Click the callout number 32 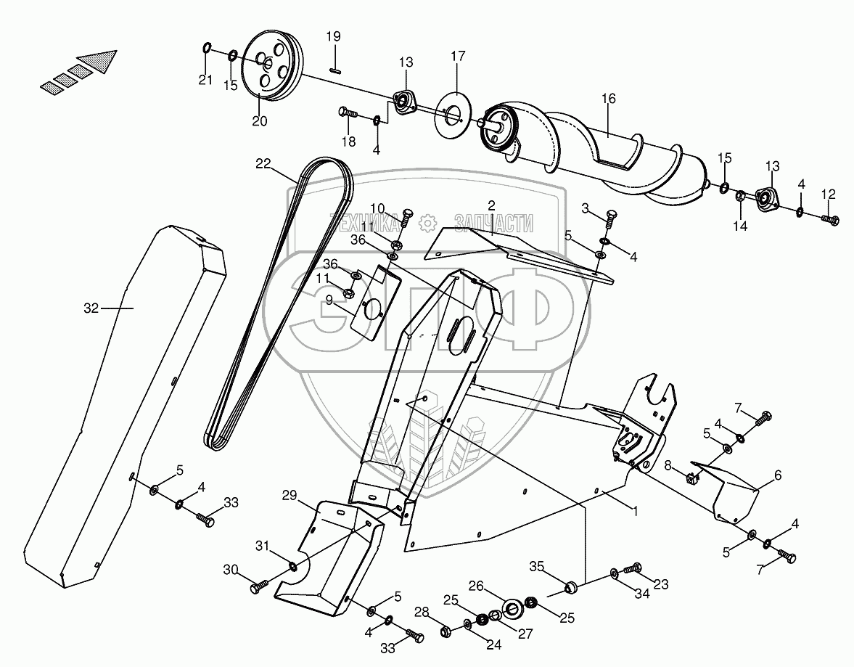(91, 308)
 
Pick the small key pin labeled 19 (335, 70)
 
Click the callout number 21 (206, 80)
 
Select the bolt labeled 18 (348, 112)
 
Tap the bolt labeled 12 (831, 218)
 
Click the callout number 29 (290, 495)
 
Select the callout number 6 (778, 475)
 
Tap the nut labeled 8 (691, 478)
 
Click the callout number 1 (635, 510)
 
